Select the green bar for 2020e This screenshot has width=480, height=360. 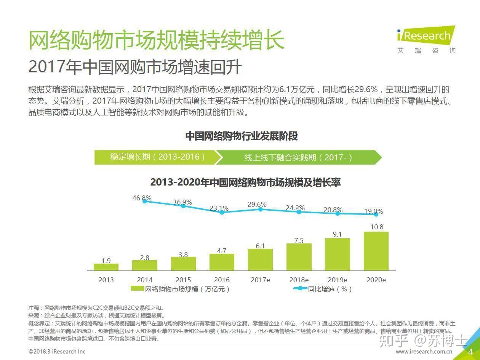pos(376,251)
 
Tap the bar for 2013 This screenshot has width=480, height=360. pos(106,267)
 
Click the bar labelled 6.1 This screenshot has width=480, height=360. pos(260,259)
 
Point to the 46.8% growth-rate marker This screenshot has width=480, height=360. pos(145,201)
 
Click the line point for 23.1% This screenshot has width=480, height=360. pos(222,212)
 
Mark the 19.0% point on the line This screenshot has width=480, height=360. pos(376,214)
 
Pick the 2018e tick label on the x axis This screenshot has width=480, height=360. pos(299,280)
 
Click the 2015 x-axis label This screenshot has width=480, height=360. pos(183,280)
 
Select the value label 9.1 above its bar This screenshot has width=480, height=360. pos(337,234)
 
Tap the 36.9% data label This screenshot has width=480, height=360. pos(182,202)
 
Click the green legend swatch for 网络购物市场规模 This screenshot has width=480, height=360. pos(137,289)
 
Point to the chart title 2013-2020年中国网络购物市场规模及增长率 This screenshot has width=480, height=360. pos(245,182)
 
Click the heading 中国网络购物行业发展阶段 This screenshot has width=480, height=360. pos(242,136)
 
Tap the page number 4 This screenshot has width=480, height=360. pos(470,351)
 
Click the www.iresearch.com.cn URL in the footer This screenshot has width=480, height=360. pos(424,352)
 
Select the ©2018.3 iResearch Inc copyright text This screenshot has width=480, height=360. pos(57,352)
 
